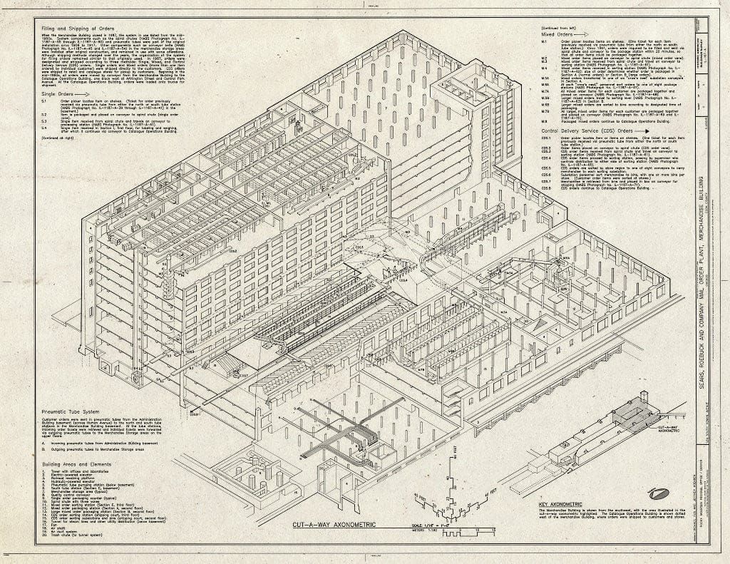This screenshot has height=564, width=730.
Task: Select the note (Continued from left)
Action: point(561,27)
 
